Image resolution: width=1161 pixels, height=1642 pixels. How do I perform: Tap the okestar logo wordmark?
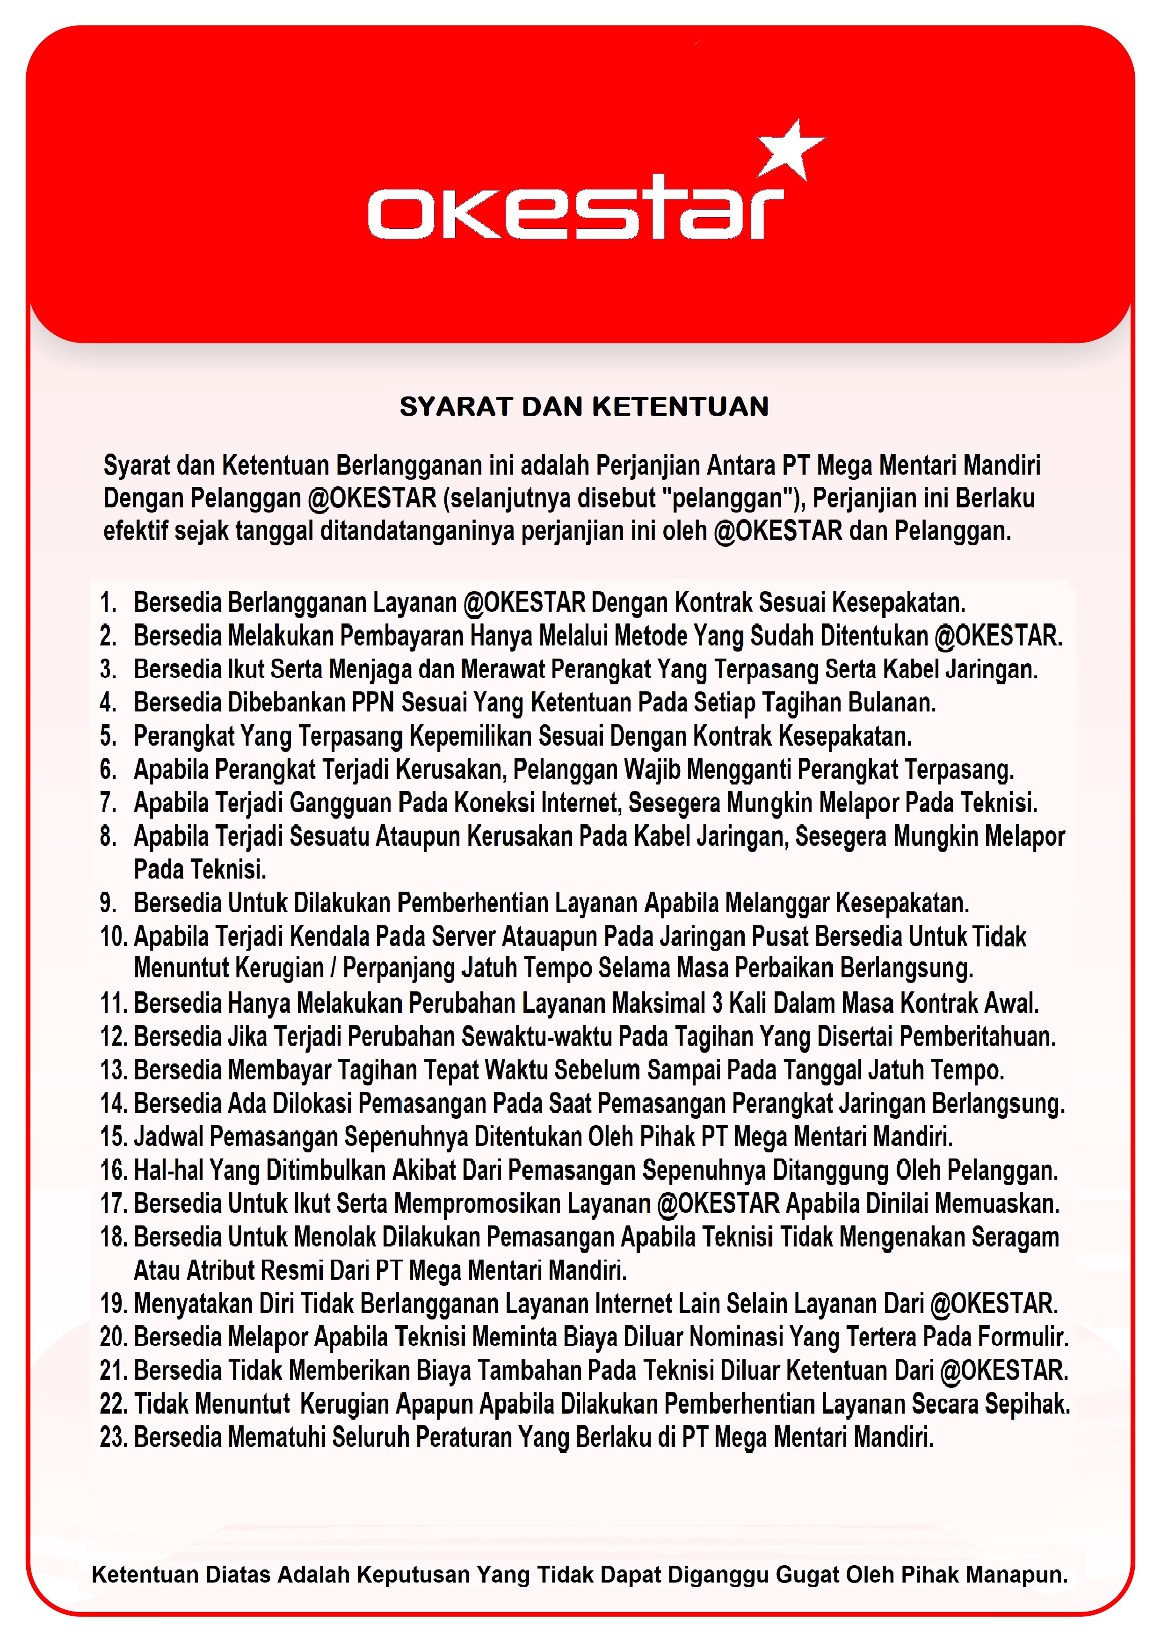[575, 213]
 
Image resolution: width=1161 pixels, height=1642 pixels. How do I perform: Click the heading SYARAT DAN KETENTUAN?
[584, 407]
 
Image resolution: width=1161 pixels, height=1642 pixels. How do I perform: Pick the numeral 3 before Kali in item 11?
[717, 1004]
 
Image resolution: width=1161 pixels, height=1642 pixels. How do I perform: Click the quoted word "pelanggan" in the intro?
[729, 498]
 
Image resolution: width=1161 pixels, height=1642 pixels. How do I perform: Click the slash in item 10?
[333, 968]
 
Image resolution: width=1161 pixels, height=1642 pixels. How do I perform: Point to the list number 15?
[114, 1137]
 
